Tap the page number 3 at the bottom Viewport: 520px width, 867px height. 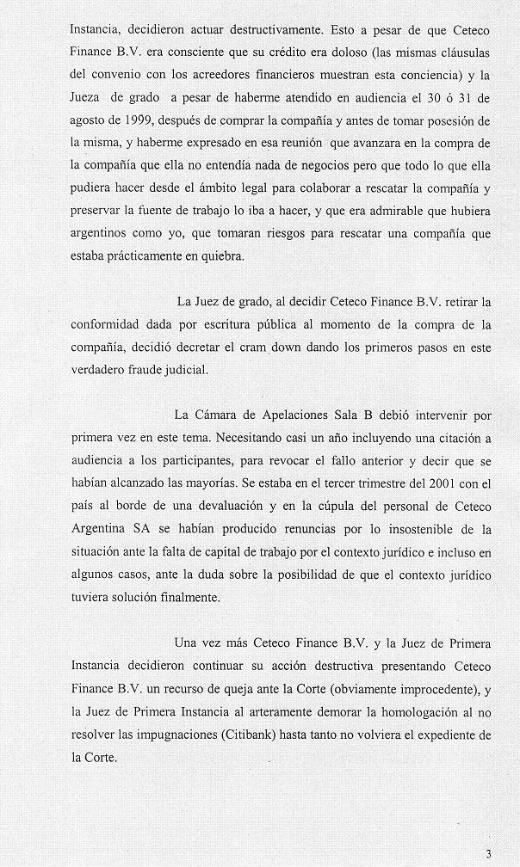click(488, 853)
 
